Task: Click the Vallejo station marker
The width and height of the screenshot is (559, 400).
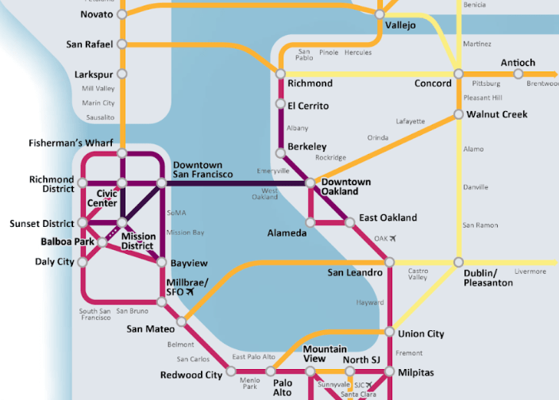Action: [x=380, y=14]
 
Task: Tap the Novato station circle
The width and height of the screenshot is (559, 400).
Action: [x=121, y=14]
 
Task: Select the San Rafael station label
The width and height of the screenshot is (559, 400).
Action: [x=89, y=44]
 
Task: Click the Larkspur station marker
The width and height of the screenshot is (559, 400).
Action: [x=121, y=74]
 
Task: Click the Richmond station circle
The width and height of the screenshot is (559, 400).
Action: [x=280, y=74]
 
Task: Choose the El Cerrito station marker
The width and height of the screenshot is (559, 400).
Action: [x=280, y=104]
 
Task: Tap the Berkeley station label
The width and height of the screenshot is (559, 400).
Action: [x=307, y=147]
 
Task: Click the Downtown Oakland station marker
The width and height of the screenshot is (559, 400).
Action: [x=310, y=183]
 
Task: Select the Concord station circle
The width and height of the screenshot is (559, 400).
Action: [x=458, y=74]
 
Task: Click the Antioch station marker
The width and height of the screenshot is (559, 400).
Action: [x=518, y=74]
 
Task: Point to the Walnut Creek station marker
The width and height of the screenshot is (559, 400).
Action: [x=458, y=114]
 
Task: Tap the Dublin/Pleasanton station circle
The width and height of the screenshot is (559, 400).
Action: [x=458, y=262]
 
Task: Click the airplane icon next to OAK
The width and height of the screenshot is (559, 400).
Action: [x=391, y=238]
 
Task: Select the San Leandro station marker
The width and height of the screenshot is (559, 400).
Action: [x=389, y=262]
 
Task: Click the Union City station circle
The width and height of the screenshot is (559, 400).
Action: [x=389, y=333]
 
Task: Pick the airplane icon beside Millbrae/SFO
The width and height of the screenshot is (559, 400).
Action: [x=189, y=292]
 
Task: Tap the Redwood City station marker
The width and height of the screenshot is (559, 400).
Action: [x=231, y=371]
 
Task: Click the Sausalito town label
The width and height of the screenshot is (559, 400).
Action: [x=100, y=117]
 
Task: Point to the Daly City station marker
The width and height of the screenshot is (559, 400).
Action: [x=82, y=262]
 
